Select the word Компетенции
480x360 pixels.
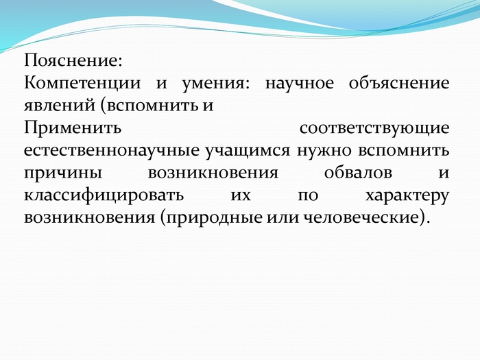(x=82, y=83)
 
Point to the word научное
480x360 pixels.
(x=300, y=84)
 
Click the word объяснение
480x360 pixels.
(x=399, y=83)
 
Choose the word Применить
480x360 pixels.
(x=73, y=128)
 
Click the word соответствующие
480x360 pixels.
(x=374, y=129)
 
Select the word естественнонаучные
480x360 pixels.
(x=112, y=151)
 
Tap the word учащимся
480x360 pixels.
(x=248, y=152)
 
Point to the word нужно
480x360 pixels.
(x=324, y=151)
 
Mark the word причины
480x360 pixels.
(x=63, y=173)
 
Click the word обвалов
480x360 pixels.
(x=358, y=172)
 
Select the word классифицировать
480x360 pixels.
(x=104, y=195)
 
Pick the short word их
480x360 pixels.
(x=241, y=196)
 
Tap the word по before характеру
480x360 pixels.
(x=308, y=196)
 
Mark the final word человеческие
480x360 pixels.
(x=361, y=217)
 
